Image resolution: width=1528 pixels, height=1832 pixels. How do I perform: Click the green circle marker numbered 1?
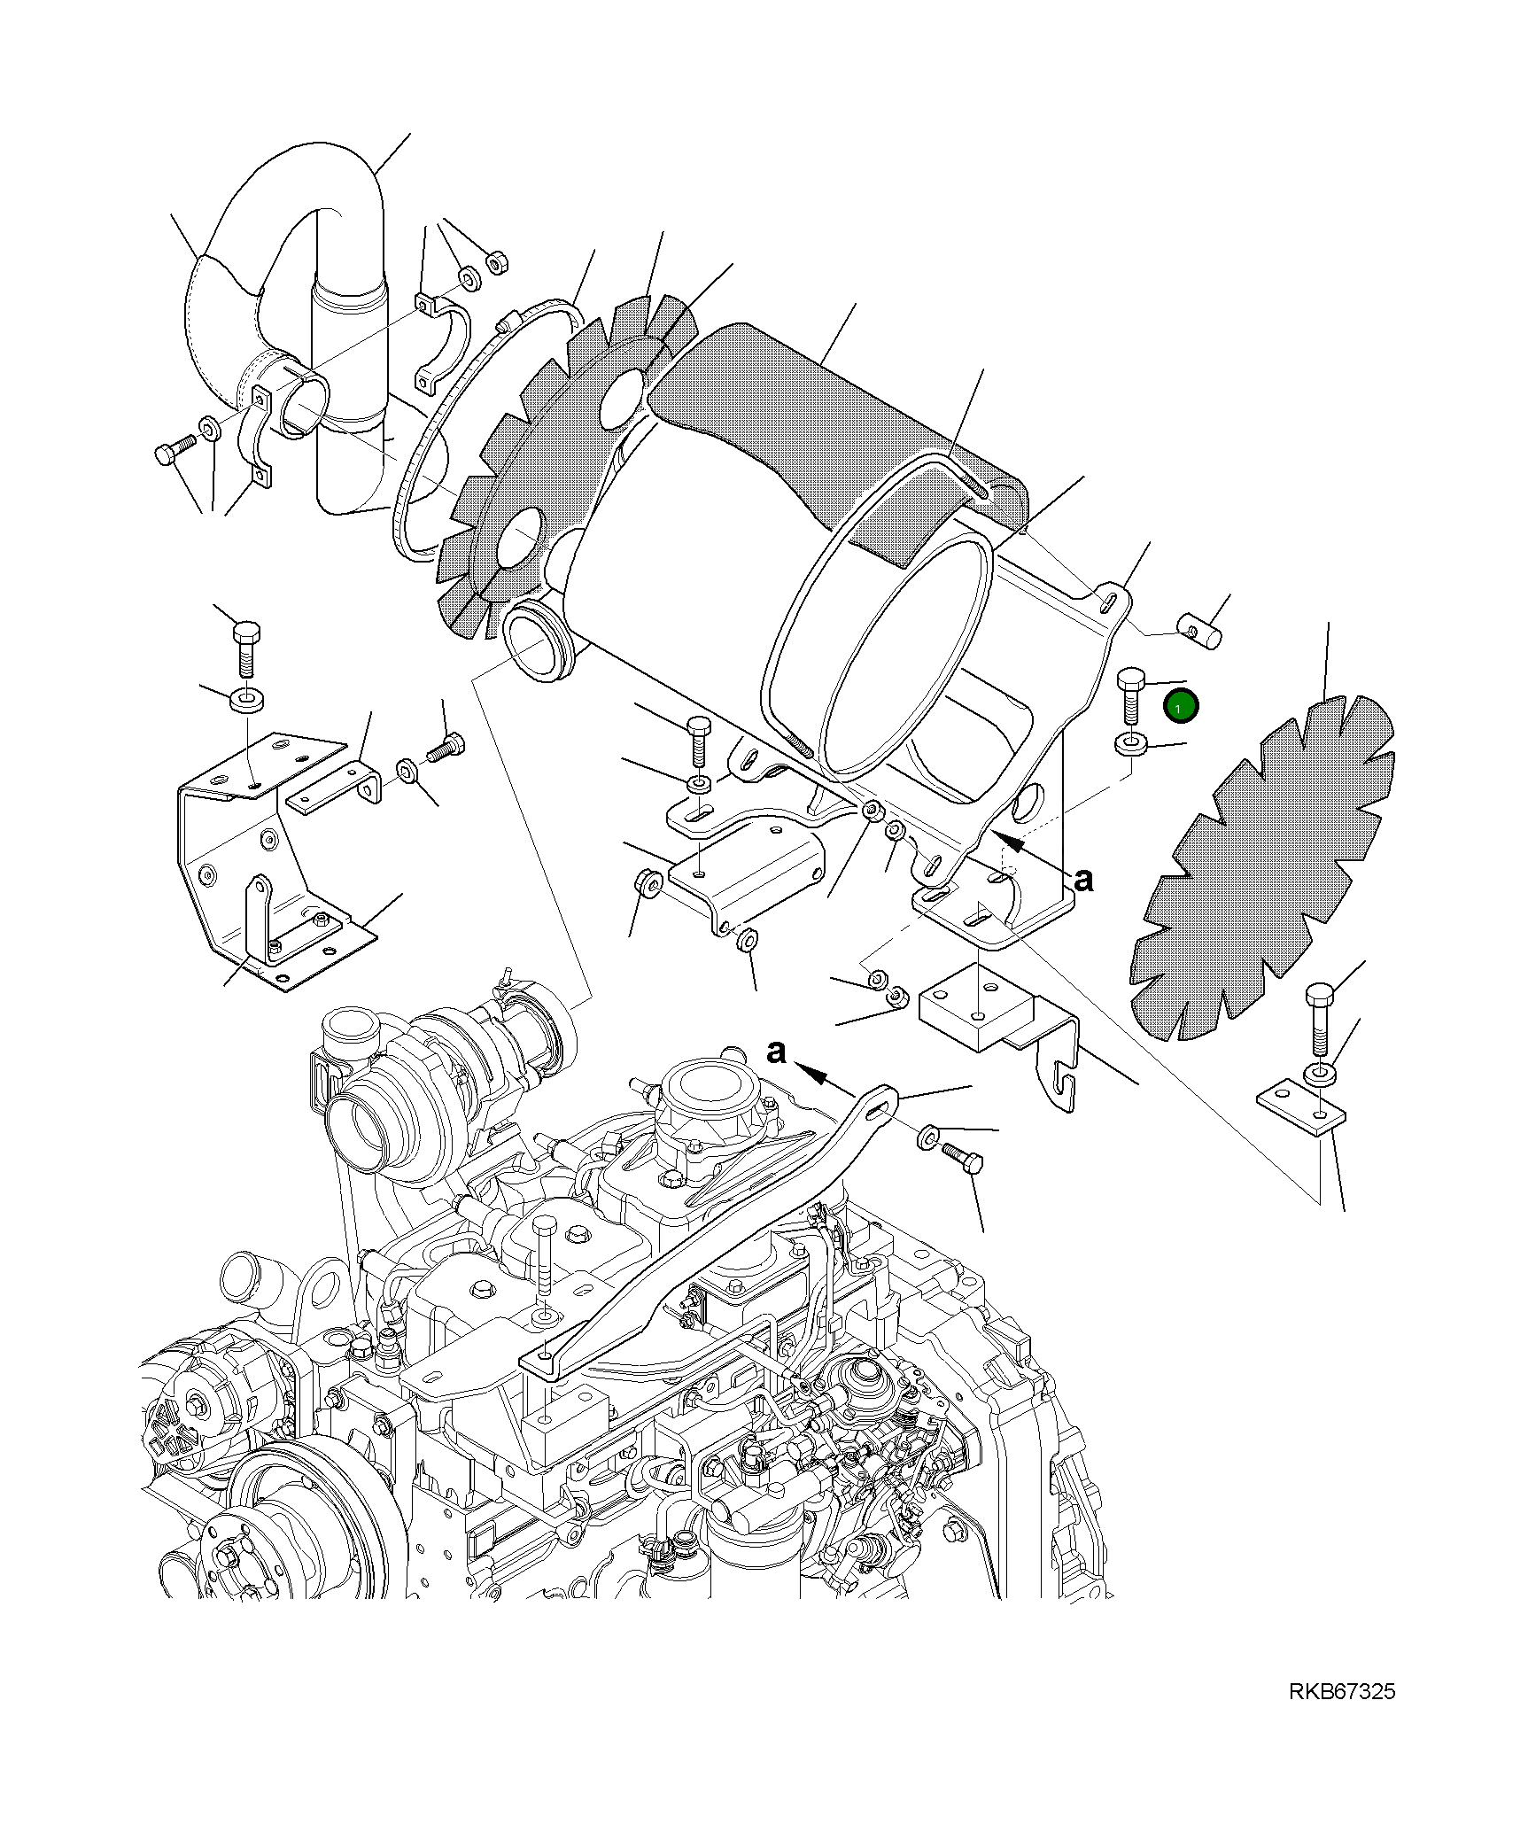coord(1181,706)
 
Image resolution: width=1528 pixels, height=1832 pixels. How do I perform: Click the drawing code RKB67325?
coord(1341,1691)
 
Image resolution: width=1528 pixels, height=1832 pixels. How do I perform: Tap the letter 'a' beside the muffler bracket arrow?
coord(1082,879)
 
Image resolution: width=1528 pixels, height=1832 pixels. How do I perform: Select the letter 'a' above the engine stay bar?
coord(776,1052)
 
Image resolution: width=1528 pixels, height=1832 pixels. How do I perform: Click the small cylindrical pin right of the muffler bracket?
coord(1199,631)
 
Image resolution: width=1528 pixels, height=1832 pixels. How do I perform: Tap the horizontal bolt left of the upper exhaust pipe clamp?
coord(173,451)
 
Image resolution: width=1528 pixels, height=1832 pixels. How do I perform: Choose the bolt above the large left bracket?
coord(246,646)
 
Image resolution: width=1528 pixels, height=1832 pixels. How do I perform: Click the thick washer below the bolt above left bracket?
coord(247,700)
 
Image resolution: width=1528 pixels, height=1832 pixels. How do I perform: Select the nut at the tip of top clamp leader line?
coord(498,262)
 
